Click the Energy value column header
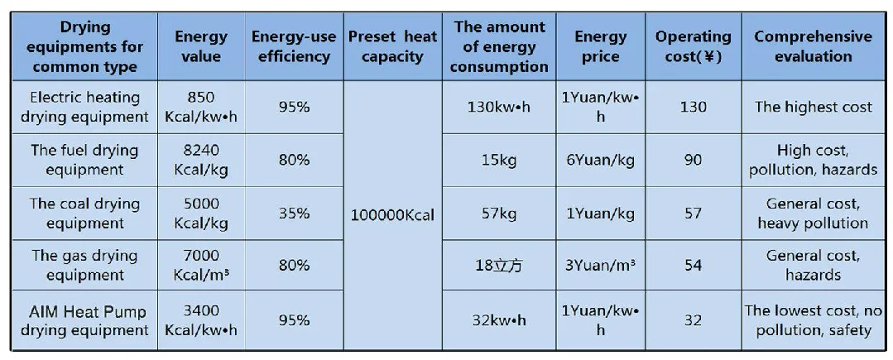(201, 47)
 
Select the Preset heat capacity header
(392, 47)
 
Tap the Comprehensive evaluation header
(813, 47)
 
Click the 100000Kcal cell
(392, 214)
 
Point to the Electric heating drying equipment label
(85, 108)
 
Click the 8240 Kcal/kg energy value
(201, 161)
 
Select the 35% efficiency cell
(294, 214)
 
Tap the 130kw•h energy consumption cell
(499, 108)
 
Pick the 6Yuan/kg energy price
(601, 161)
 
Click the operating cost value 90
(693, 161)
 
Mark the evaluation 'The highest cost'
(813, 108)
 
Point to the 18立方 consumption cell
(499, 266)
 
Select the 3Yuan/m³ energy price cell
(601, 266)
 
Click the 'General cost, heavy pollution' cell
(813, 214)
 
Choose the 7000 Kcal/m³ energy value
(201, 266)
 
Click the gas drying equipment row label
(85, 266)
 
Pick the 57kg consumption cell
(499, 214)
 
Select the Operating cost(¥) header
(693, 47)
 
